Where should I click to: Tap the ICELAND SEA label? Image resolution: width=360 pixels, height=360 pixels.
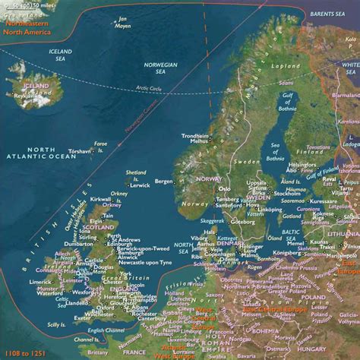pyautogui.click(x=61, y=57)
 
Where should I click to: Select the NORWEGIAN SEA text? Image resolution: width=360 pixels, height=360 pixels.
pyautogui.click(x=160, y=68)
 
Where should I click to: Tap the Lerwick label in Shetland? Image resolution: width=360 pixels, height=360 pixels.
pyautogui.click(x=140, y=185)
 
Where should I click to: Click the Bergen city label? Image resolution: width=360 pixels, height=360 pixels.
pyautogui.click(x=163, y=182)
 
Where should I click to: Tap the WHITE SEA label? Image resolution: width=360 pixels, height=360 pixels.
pyautogui.click(x=349, y=68)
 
